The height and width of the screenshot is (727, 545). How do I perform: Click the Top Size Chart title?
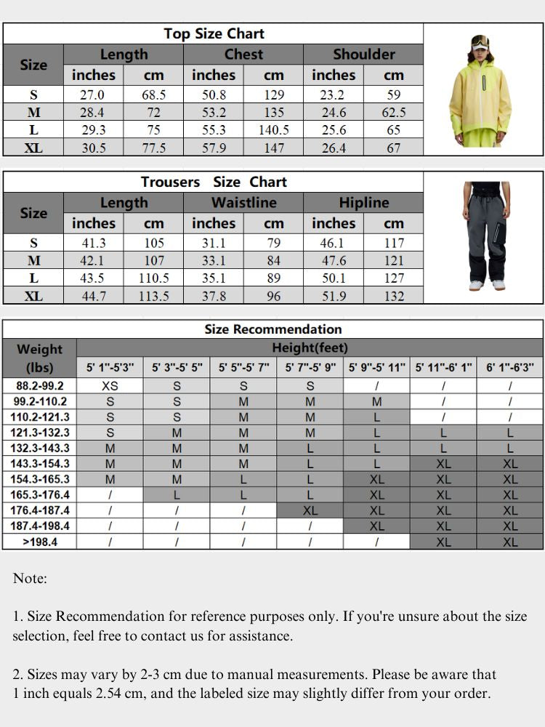(x=214, y=33)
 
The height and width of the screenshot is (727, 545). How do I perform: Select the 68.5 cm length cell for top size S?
(x=153, y=95)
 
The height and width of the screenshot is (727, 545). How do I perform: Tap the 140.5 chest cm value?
(x=274, y=130)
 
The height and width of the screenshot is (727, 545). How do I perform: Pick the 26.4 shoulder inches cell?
(x=334, y=148)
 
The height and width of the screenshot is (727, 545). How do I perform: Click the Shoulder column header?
(x=363, y=54)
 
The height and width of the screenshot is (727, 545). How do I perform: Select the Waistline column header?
(x=243, y=203)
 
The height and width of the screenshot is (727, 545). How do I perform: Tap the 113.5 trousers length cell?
(x=153, y=296)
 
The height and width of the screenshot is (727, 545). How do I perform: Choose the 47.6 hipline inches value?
(x=334, y=260)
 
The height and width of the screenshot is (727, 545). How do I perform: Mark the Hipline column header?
(x=363, y=203)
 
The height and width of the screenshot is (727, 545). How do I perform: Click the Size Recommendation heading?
(x=272, y=329)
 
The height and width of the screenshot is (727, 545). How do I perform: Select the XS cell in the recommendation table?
(x=110, y=386)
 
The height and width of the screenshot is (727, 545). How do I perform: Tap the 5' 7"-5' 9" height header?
(x=310, y=368)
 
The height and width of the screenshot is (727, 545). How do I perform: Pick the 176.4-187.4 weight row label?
(x=40, y=510)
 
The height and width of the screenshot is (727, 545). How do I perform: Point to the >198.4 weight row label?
(x=40, y=542)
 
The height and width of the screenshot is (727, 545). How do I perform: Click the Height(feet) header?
(x=310, y=348)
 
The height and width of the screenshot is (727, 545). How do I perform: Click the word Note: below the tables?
(x=30, y=579)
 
